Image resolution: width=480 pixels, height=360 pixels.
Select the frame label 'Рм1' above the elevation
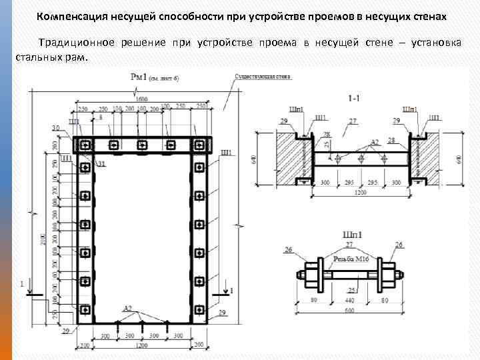(137, 77)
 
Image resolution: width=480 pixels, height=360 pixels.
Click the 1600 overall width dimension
(141, 100)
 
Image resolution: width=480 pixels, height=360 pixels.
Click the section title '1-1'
(354, 98)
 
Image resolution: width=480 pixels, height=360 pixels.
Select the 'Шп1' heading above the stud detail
(352, 234)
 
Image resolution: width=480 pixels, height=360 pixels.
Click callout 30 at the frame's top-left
(55, 128)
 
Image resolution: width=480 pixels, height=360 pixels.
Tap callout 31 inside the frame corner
(101, 164)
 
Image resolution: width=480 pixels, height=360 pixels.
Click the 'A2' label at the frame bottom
(127, 308)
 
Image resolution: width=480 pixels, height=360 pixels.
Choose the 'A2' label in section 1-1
(375, 142)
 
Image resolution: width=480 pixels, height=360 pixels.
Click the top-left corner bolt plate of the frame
(85, 145)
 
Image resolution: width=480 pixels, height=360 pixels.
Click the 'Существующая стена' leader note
(263, 77)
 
